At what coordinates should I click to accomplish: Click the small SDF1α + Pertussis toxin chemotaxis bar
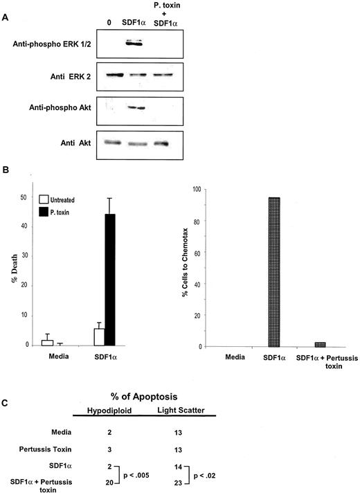click(x=320, y=343)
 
